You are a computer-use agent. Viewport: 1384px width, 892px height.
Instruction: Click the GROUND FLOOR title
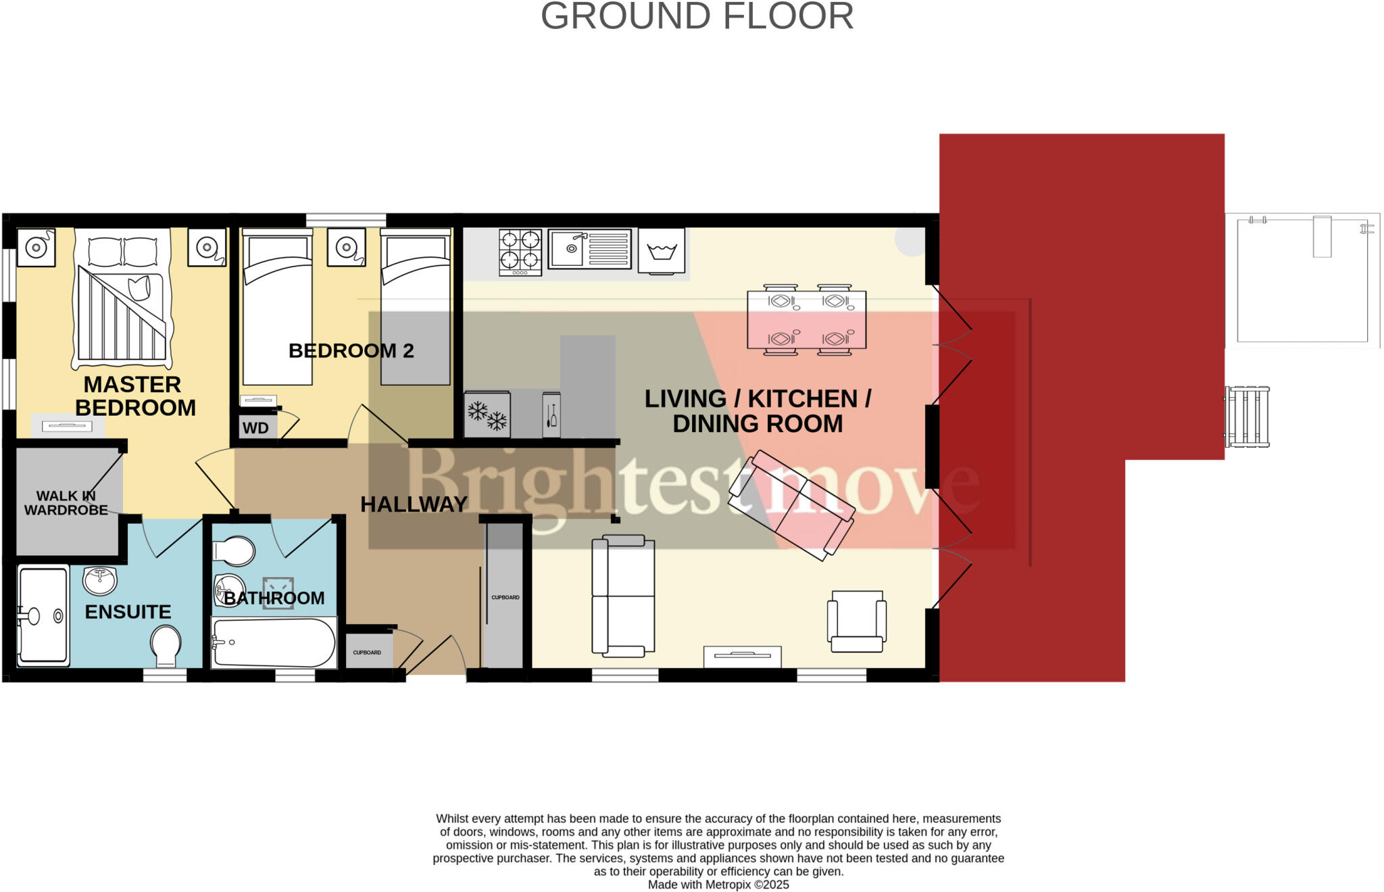[x=697, y=16]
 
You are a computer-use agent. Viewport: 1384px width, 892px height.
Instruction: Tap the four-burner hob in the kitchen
[x=520, y=252]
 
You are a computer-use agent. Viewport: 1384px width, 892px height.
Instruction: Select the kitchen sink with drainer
[x=589, y=249]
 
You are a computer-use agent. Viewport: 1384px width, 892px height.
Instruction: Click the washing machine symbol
[x=662, y=251]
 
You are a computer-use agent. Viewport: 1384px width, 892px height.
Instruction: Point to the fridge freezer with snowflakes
[x=487, y=415]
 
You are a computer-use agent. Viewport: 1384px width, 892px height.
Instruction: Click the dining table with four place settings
[x=806, y=320]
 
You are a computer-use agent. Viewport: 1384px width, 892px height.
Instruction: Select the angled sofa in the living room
[x=791, y=504]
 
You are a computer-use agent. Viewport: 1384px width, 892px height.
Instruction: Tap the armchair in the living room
[x=857, y=621]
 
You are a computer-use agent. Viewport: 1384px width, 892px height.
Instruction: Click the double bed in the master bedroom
[x=122, y=298]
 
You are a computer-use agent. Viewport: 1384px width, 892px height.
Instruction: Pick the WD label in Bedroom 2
[x=255, y=428]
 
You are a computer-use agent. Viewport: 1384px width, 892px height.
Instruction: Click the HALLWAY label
[x=414, y=504]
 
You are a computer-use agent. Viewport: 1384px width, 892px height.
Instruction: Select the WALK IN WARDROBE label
[x=66, y=503]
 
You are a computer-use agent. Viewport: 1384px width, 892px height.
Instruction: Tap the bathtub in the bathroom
[x=274, y=642]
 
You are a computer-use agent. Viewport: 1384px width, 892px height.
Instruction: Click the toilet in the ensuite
[x=166, y=644]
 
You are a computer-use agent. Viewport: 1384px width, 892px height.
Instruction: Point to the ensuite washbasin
[x=100, y=580]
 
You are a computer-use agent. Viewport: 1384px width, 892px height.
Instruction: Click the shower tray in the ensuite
[x=43, y=615]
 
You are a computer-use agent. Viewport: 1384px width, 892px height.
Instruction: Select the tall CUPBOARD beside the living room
[x=505, y=595]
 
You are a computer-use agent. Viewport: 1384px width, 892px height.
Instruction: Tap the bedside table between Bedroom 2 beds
[x=346, y=247]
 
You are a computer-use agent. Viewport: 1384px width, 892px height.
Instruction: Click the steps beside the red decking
[x=1247, y=417]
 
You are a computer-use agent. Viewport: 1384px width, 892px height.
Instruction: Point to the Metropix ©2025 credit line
[x=718, y=885]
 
